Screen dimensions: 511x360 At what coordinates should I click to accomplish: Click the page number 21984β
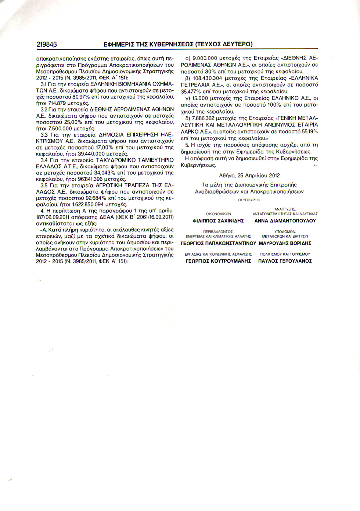click(47, 44)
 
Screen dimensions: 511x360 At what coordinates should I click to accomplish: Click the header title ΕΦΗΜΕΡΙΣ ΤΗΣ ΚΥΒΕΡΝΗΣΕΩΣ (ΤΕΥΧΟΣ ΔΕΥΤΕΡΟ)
click(178, 44)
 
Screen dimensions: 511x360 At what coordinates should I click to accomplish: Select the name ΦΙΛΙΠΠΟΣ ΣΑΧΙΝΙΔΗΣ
click(218, 221)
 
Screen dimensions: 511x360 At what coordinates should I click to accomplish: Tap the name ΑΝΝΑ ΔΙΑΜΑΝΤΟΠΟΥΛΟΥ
click(285, 221)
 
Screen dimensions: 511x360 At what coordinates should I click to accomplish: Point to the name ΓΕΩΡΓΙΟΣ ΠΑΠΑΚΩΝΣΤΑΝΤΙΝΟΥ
click(218, 243)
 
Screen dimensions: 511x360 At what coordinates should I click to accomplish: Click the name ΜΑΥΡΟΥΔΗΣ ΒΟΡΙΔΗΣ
click(285, 243)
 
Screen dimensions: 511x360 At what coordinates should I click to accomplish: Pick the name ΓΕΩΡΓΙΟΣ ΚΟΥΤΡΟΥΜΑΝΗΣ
click(218, 261)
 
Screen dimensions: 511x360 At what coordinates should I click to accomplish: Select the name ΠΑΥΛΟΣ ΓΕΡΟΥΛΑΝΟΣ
click(285, 261)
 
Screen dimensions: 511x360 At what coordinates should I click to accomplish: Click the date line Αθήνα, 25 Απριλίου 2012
click(249, 176)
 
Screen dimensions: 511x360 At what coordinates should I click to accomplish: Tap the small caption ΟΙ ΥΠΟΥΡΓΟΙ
click(249, 200)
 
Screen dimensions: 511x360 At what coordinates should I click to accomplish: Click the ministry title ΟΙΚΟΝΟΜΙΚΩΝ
click(218, 213)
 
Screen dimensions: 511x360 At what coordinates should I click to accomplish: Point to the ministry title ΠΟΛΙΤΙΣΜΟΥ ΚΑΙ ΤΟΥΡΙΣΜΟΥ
click(285, 254)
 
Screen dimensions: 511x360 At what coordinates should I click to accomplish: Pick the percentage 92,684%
click(97, 198)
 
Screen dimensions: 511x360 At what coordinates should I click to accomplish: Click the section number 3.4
click(44, 160)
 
